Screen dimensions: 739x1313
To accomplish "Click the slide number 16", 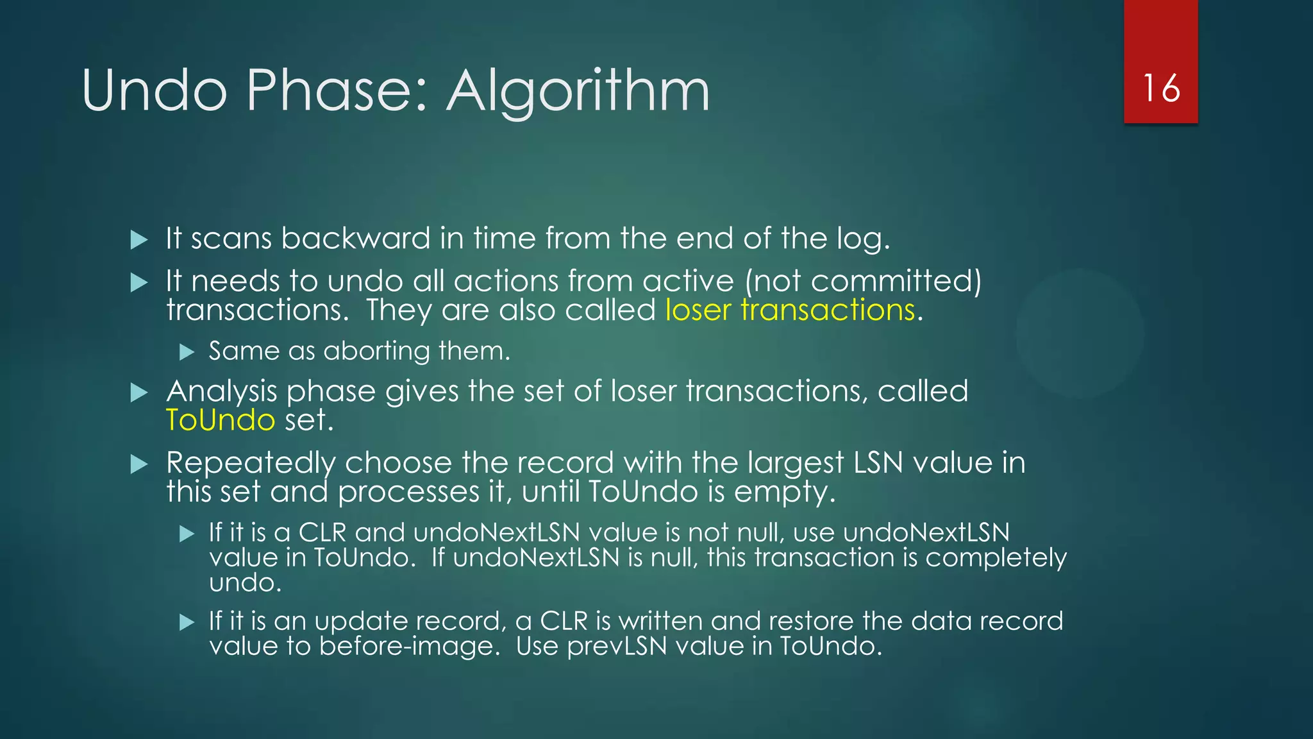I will click(x=1161, y=88).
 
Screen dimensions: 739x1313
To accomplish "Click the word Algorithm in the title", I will click(x=578, y=91).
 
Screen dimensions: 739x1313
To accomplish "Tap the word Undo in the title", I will click(x=155, y=91).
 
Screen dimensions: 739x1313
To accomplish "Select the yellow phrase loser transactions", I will click(x=790, y=310).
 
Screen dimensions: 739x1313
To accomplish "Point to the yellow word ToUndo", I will click(x=221, y=420).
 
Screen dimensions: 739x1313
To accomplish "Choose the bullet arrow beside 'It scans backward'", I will click(x=139, y=240).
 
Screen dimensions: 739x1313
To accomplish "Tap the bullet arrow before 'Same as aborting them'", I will click(x=187, y=352).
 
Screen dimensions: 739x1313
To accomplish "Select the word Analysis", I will click(x=222, y=391).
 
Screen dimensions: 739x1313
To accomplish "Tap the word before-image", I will click(x=409, y=646).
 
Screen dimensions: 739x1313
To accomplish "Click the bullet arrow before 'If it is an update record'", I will click(x=187, y=622).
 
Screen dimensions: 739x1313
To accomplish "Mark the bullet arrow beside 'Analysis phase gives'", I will click(x=139, y=393).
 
